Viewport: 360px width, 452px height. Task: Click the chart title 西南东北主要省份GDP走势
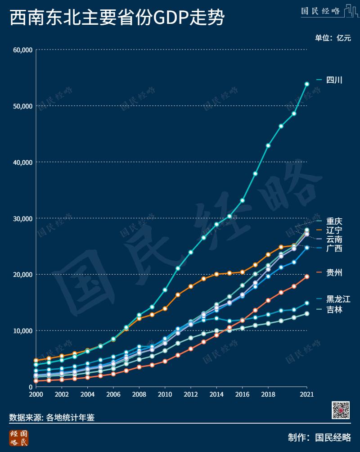pos(117,18)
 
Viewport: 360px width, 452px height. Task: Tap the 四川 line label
pos(334,80)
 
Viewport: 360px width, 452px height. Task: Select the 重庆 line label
pos(334,221)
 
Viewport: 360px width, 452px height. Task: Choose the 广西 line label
pos(334,248)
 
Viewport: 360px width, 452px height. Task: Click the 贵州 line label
pos(334,272)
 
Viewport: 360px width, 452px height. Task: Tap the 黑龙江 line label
pos(338,299)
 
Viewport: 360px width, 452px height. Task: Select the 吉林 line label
pos(334,309)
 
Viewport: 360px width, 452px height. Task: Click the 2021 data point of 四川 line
pos(307,84)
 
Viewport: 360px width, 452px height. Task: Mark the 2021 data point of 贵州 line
pos(307,276)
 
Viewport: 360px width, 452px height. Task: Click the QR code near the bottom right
pos(341,410)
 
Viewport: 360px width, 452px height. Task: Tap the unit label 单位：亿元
pos(333,38)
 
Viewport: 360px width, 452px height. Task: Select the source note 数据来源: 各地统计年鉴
pos(52,417)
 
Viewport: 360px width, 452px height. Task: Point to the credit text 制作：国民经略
pos(319,437)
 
